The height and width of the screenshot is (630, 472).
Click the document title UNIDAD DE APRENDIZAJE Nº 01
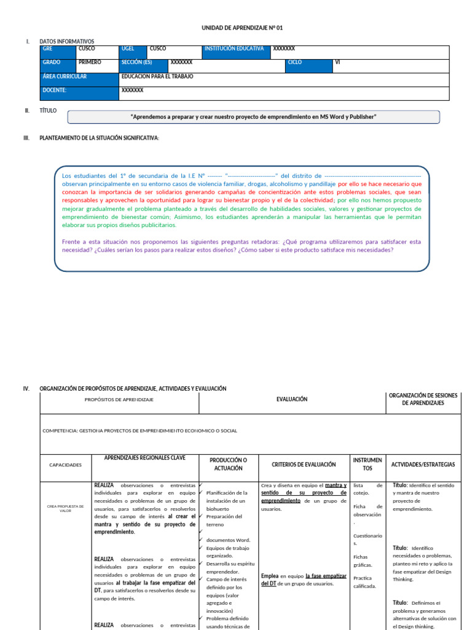click(x=242, y=28)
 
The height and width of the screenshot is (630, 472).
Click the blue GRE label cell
click(x=58, y=49)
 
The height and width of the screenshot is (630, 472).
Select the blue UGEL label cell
click(x=133, y=49)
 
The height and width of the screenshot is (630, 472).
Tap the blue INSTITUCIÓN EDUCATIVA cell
click(x=235, y=49)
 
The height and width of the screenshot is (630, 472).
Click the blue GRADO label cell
click(x=58, y=63)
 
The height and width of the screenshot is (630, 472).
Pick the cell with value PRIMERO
click(x=96, y=63)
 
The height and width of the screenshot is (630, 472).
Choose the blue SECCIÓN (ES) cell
click(x=143, y=63)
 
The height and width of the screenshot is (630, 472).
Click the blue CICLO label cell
click(x=309, y=63)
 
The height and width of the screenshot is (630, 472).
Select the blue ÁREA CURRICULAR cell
click(x=79, y=77)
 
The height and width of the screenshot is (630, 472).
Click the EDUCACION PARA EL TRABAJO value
click(x=157, y=77)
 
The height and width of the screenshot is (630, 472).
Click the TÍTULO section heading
click(x=48, y=110)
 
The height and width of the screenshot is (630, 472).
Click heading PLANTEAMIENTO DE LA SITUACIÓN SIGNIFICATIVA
click(x=99, y=138)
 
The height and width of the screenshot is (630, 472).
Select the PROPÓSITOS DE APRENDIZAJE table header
click(x=119, y=400)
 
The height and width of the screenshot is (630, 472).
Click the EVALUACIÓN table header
click(x=292, y=399)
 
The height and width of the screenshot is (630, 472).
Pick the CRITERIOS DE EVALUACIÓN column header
click(x=304, y=465)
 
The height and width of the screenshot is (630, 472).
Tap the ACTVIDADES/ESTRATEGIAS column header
click(x=423, y=465)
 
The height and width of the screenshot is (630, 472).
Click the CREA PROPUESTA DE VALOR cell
click(x=66, y=508)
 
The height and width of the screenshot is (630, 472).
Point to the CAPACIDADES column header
click(x=65, y=465)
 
